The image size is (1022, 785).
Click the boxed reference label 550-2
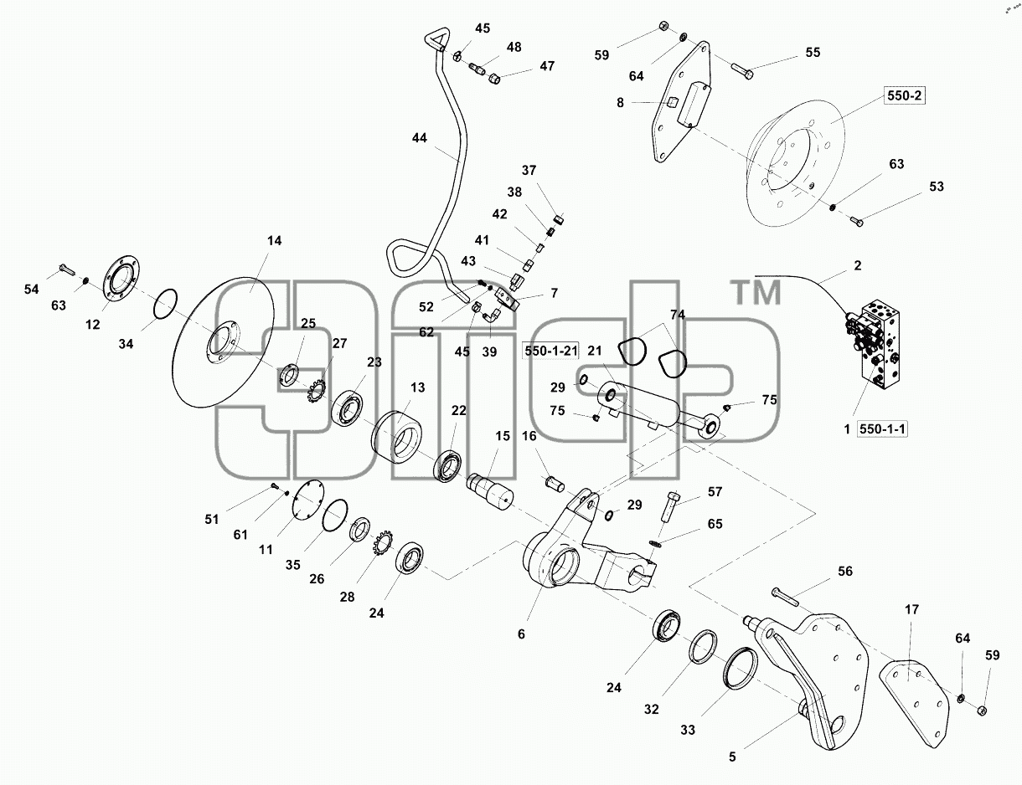coord(904,96)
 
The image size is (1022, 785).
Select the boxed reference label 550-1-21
coord(550,351)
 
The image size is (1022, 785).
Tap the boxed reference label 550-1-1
coord(882,429)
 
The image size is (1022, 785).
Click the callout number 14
coord(274,240)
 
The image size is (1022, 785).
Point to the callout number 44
coord(419,137)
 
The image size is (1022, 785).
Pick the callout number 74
coord(677,315)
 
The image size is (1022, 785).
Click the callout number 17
coord(911,609)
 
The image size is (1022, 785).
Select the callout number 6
coord(521,634)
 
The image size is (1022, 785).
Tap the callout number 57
coord(715,492)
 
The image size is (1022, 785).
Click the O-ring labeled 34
coord(166,305)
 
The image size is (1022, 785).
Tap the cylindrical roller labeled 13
coord(396,437)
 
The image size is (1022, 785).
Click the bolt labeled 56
coord(784,597)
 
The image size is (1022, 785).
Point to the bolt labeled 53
coord(856,221)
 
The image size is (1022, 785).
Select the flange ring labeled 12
coord(122,278)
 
